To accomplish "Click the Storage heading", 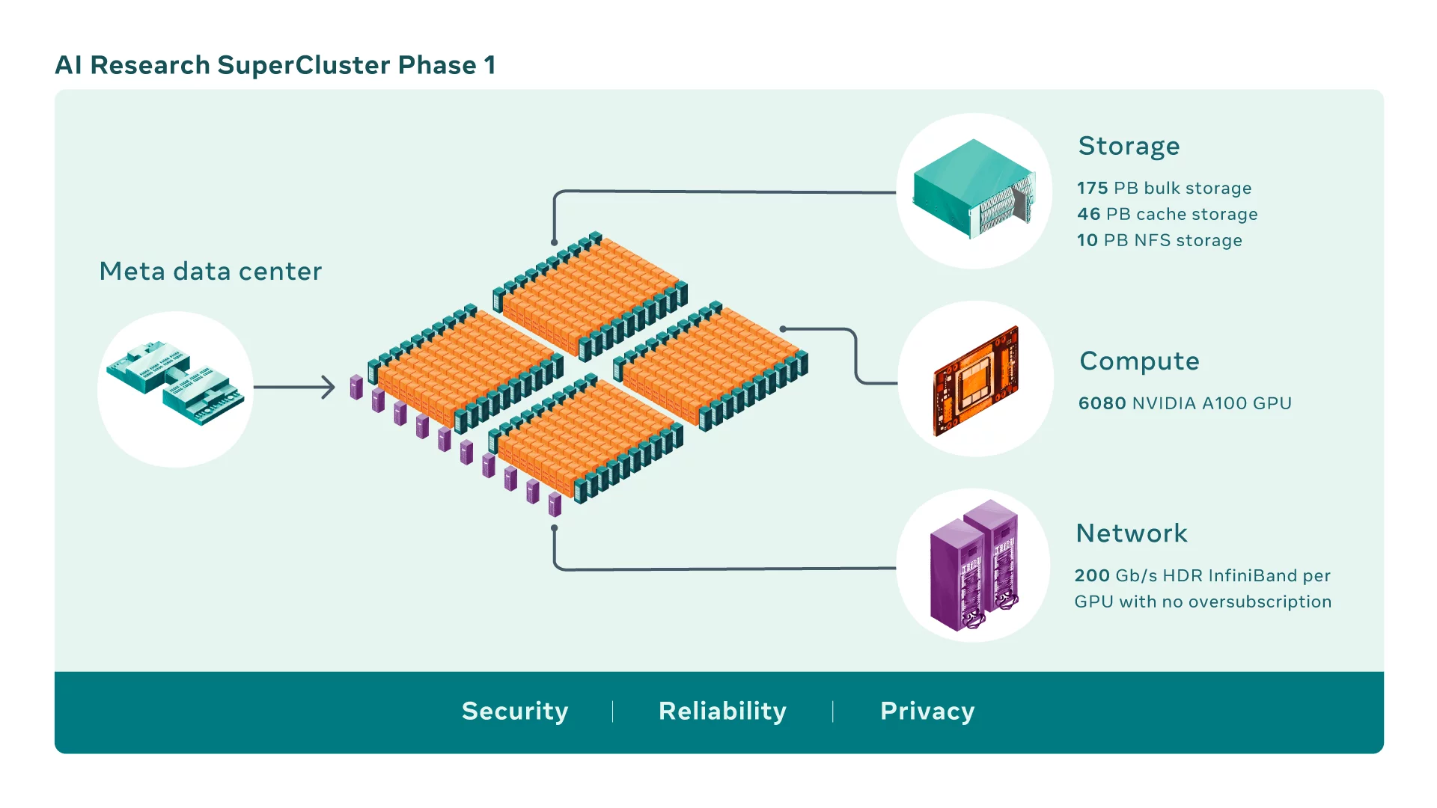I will pos(1129,147).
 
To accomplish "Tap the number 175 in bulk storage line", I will pos(1092,188).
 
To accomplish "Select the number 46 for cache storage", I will pos(1088,214).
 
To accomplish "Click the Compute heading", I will pos(1139,361).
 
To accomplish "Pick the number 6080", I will pos(1102,403).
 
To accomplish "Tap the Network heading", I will pos(1132,533).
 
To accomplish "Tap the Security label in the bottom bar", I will pos(515,711).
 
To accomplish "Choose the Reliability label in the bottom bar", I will pos(722,711).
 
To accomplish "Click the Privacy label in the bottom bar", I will pos(927,711).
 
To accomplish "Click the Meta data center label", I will pos(210,271).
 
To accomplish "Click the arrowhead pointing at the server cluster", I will pos(329,387).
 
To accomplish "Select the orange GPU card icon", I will pos(976,380).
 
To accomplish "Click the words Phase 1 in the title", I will pos(447,65).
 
